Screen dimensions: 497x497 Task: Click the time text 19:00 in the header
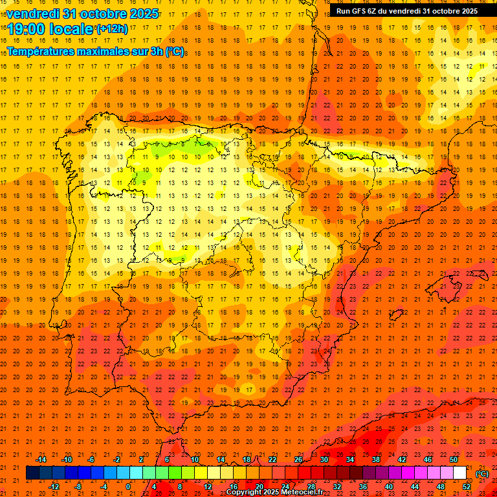pos(27,28)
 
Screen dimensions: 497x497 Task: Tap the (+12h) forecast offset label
pos(112,28)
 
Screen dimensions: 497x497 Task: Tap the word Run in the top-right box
pos(343,11)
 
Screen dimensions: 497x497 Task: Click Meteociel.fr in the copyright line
pos(298,492)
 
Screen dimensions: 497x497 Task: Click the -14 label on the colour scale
pos(40,459)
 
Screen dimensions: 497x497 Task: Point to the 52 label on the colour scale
pos(467,487)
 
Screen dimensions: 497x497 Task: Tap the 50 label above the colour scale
pos(454,459)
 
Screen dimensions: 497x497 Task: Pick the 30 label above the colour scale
pos(324,459)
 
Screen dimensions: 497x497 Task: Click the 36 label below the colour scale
pos(363,487)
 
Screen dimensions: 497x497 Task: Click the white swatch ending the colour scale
pos(460,473)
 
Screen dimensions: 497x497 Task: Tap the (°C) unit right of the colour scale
pos(482,474)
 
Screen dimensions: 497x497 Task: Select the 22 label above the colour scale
pos(272,459)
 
